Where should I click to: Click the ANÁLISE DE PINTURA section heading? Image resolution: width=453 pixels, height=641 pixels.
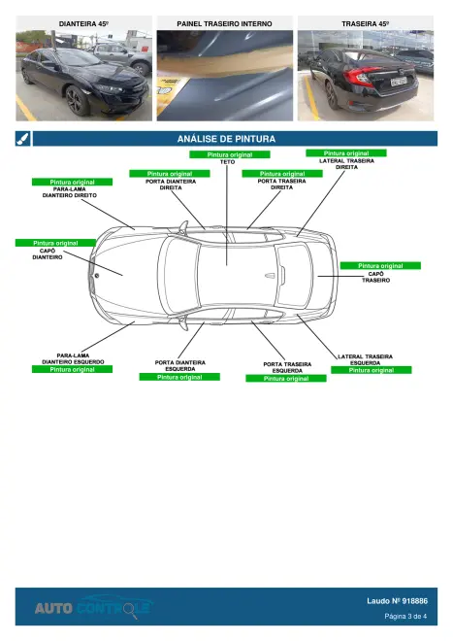coord(226,139)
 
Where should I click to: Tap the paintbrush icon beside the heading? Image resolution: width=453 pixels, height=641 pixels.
coord(23,139)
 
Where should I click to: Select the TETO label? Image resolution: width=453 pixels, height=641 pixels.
coord(228,162)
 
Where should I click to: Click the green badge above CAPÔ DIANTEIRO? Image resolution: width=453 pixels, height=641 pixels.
coord(55,243)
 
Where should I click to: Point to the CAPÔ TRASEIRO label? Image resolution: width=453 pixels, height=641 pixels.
coord(375,277)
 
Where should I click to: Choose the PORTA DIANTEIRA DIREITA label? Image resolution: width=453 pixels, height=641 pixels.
coord(171,185)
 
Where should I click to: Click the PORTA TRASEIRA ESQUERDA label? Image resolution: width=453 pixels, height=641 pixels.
coord(287,367)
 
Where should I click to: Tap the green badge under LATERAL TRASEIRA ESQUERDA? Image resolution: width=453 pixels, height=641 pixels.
coord(371,370)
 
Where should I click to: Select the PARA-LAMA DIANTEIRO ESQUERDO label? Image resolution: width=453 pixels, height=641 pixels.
coord(73,358)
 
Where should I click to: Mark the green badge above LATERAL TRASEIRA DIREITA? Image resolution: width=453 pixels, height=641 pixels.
coord(346,152)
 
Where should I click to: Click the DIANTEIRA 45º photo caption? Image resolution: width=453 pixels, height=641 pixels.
coord(83,23)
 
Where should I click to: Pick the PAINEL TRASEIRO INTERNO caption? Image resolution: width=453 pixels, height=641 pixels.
coord(224,23)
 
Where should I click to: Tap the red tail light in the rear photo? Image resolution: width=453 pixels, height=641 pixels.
coord(359,75)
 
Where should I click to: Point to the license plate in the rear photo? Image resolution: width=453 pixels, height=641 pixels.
coord(399,82)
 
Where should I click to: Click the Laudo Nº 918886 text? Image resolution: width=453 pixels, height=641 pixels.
coord(397,601)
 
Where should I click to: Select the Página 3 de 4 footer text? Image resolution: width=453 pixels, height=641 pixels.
coord(405,616)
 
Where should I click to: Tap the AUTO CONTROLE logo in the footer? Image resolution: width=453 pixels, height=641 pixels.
coord(93,607)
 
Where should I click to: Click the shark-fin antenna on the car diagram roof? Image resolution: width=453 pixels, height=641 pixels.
coord(271,276)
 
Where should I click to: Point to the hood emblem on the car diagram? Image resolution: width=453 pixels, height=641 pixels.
coord(97,276)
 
